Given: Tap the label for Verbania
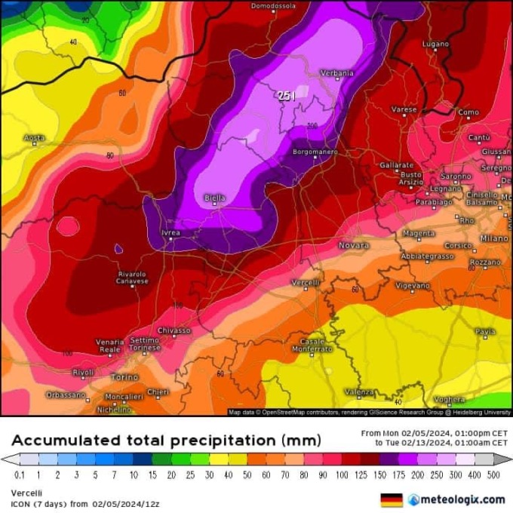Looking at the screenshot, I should pos(336,73).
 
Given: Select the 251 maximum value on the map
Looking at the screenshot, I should pos(286,95).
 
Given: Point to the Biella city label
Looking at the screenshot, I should pos(215,198).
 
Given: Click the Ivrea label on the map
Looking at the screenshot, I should pos(171,233).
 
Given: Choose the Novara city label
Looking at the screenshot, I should pos(353,245).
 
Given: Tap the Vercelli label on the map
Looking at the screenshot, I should pos(306,282).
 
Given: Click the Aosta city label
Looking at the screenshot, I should pos(35,138).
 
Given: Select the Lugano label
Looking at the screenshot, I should pos(435,45).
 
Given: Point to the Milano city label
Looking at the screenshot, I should pos(495,238).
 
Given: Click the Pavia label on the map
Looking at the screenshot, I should pos(485,331).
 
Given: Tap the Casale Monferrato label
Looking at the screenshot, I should pos(312,346).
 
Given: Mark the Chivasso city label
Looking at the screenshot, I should pos(174,330).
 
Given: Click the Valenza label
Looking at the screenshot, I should pos(359,392).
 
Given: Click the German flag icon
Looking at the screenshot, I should pos(391,499).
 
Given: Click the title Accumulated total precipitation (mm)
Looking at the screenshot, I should pos(166,440).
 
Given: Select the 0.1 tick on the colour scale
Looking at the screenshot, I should pos(18,475).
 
